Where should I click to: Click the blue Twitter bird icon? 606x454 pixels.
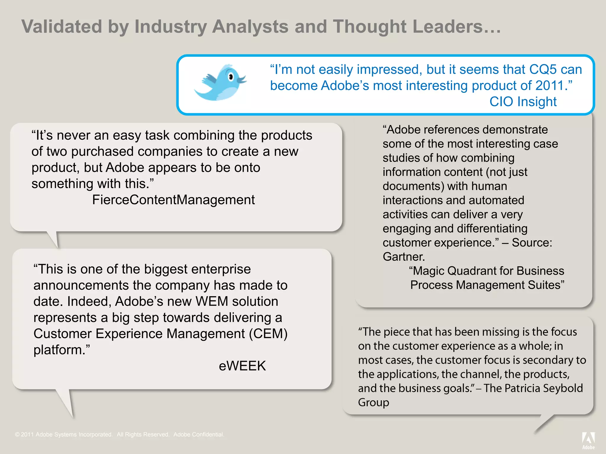(x=220, y=83)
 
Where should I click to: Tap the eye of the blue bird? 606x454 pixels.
(x=231, y=77)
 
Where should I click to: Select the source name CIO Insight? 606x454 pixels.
(x=523, y=102)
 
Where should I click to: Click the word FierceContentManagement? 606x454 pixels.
(x=173, y=200)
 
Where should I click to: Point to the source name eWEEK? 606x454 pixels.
(x=242, y=366)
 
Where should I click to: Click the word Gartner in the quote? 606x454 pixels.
(x=403, y=257)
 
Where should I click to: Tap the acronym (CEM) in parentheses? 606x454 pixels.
(x=268, y=334)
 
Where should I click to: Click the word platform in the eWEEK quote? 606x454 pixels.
(x=59, y=350)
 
